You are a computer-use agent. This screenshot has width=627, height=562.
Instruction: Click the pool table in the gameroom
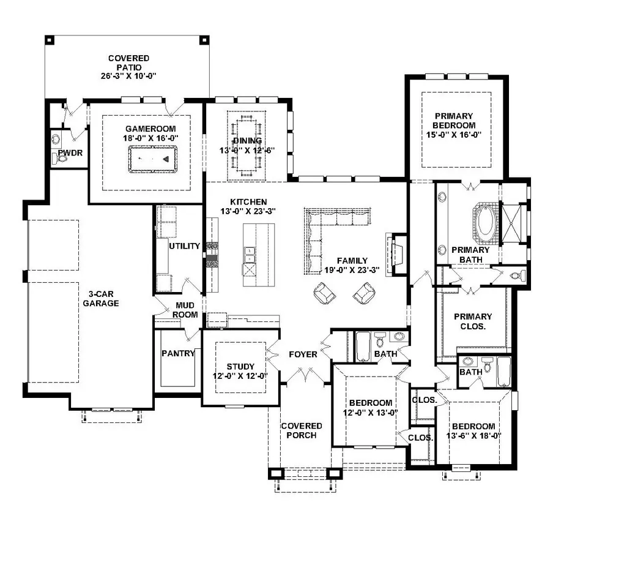(x=153, y=159)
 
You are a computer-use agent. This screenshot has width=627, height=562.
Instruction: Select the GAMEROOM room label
(x=150, y=129)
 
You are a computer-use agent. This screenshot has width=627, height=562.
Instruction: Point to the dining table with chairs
(x=247, y=146)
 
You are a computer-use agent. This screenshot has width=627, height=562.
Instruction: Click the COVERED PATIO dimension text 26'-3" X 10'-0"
(x=128, y=76)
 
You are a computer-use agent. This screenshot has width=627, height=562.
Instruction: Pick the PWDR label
(x=70, y=153)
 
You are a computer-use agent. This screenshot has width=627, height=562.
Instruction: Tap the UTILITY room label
(x=184, y=246)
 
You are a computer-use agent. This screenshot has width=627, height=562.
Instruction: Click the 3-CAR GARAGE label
(x=101, y=299)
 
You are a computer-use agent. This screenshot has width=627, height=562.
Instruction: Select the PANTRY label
(x=179, y=353)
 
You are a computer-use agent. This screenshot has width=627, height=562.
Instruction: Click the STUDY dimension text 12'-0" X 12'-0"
(x=240, y=377)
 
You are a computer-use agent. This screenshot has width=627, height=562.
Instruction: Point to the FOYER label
(x=303, y=354)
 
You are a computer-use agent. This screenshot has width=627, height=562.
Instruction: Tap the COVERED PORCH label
(x=302, y=431)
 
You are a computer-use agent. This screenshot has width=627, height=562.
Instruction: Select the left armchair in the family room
(x=324, y=293)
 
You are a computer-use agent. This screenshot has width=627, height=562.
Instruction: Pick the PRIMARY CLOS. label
(x=473, y=321)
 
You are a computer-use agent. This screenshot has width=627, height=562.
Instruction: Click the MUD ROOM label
(x=185, y=310)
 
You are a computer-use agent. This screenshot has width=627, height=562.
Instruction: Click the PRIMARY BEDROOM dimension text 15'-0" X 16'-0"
(x=454, y=135)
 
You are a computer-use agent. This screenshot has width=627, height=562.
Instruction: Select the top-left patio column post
(x=49, y=40)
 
